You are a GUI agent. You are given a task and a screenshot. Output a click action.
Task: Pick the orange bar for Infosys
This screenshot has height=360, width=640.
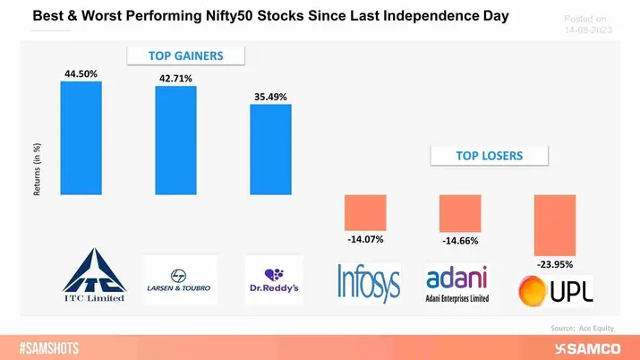click(365, 212)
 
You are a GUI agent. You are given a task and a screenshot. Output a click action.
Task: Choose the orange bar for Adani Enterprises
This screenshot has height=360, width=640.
click(459, 213)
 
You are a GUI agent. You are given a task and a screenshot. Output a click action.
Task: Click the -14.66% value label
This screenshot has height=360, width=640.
click(459, 240)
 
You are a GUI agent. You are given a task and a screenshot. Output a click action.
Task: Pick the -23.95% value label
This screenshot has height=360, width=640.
click(554, 265)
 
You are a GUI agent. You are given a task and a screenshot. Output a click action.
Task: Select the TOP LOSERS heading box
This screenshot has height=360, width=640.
click(488, 156)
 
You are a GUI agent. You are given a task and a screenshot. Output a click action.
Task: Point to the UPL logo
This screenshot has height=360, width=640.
click(555, 289)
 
